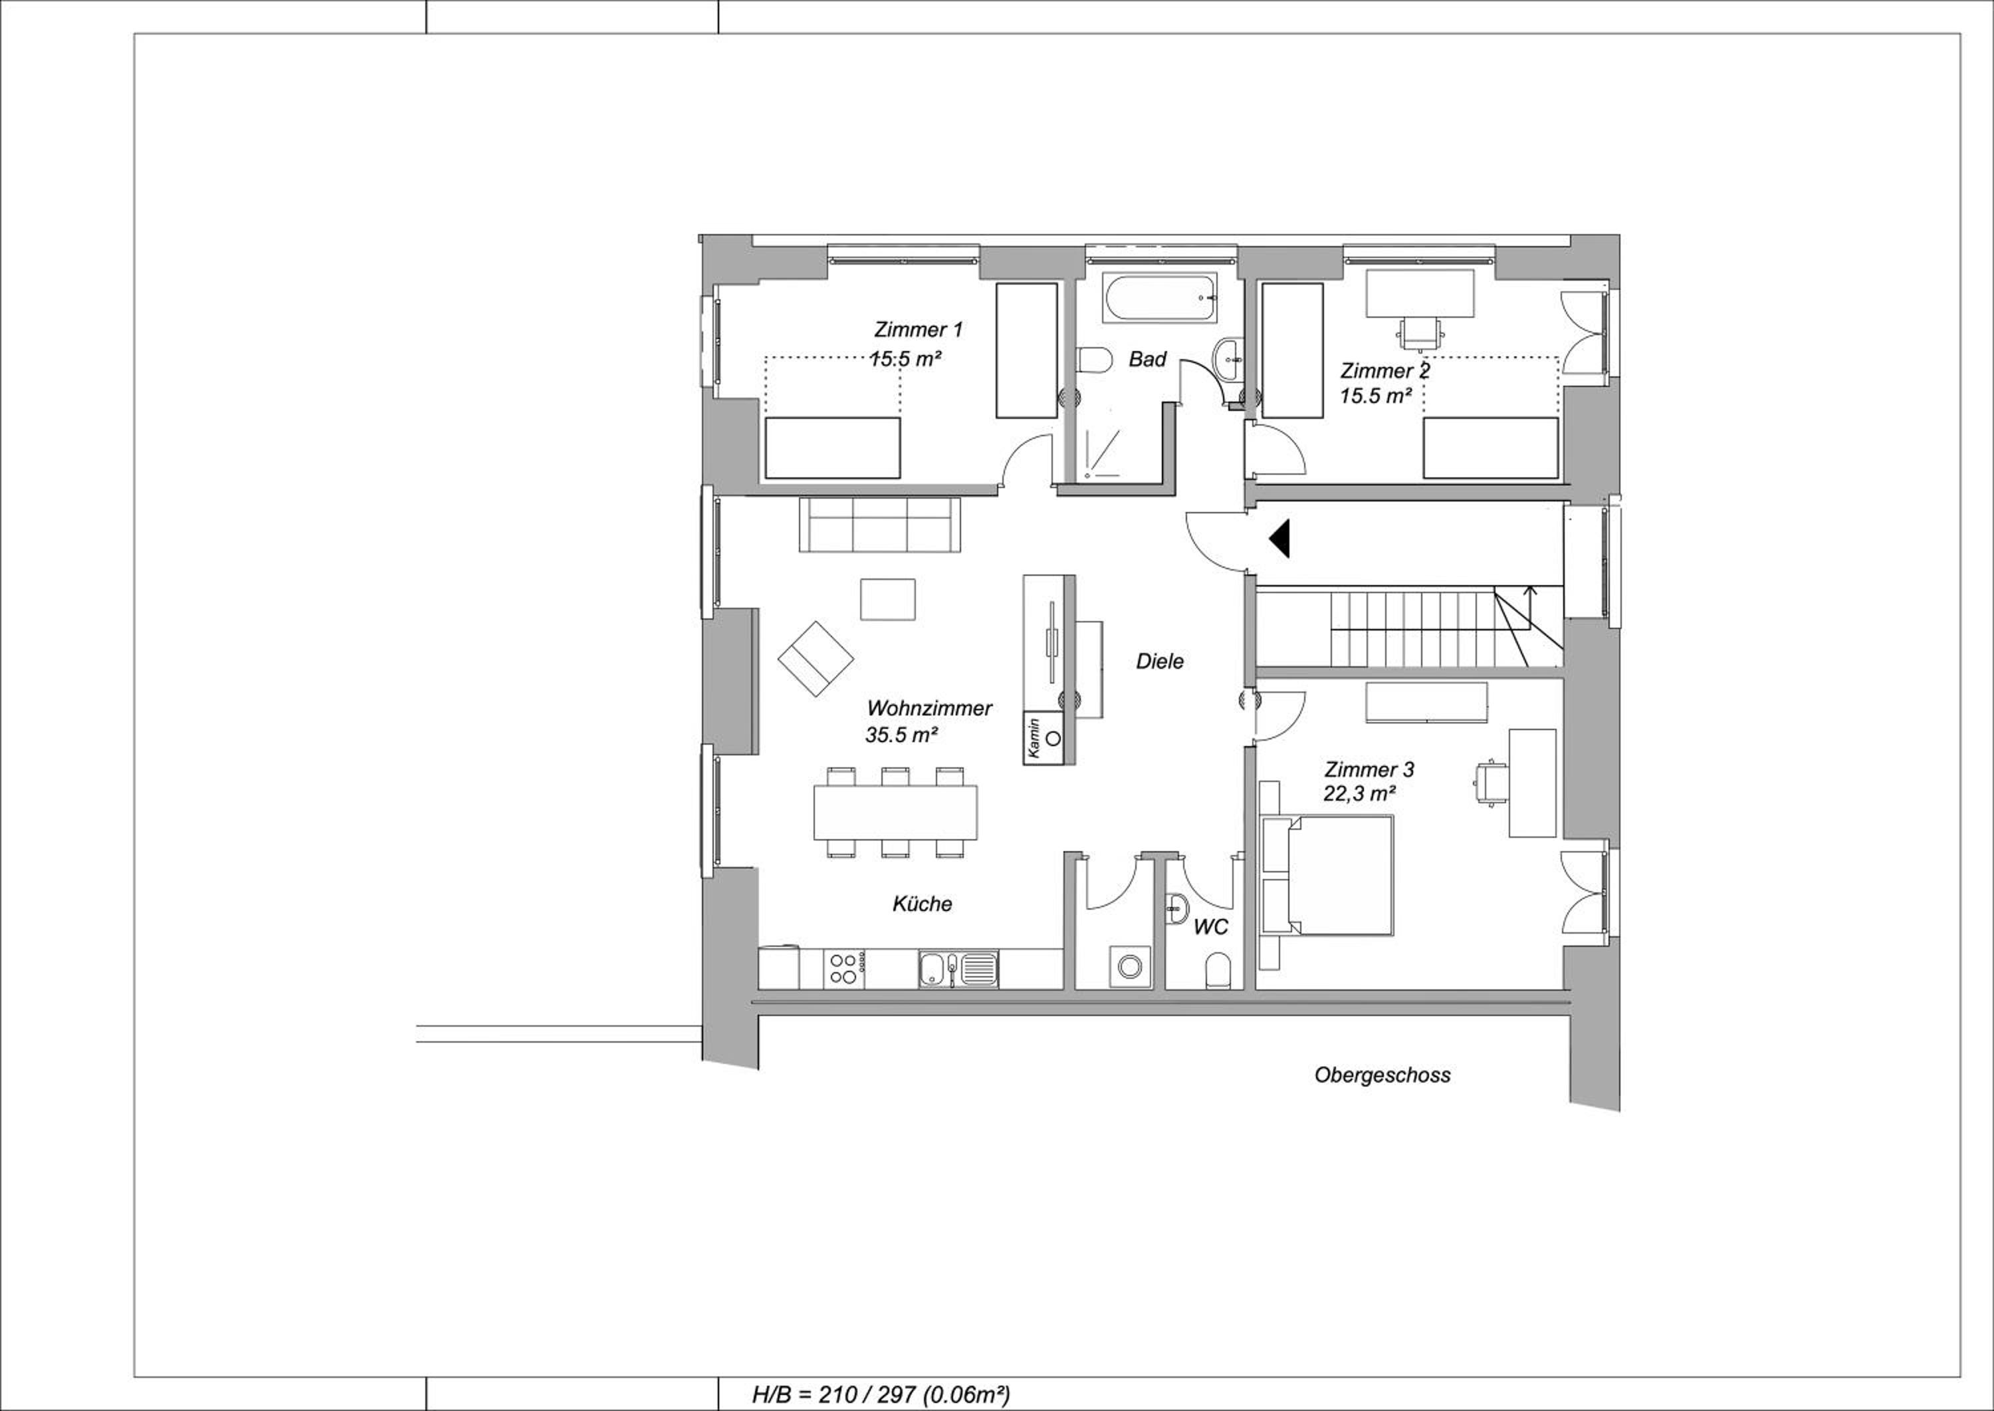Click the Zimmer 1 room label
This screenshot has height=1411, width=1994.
tap(918, 330)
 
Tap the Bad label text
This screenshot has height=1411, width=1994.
tap(1147, 360)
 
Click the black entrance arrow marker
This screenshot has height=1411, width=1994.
tap(1279, 539)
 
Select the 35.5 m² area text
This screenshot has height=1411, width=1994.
tap(901, 735)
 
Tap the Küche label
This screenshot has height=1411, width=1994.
tap(923, 904)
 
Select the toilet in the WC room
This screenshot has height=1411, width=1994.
tap(1219, 971)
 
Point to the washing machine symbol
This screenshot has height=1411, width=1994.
tap(1130, 966)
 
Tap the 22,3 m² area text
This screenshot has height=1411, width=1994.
tap(1360, 793)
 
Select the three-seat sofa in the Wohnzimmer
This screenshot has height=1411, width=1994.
tap(880, 525)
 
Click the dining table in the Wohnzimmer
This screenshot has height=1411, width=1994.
tap(895, 813)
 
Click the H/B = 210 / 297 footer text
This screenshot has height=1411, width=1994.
tap(881, 1395)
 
